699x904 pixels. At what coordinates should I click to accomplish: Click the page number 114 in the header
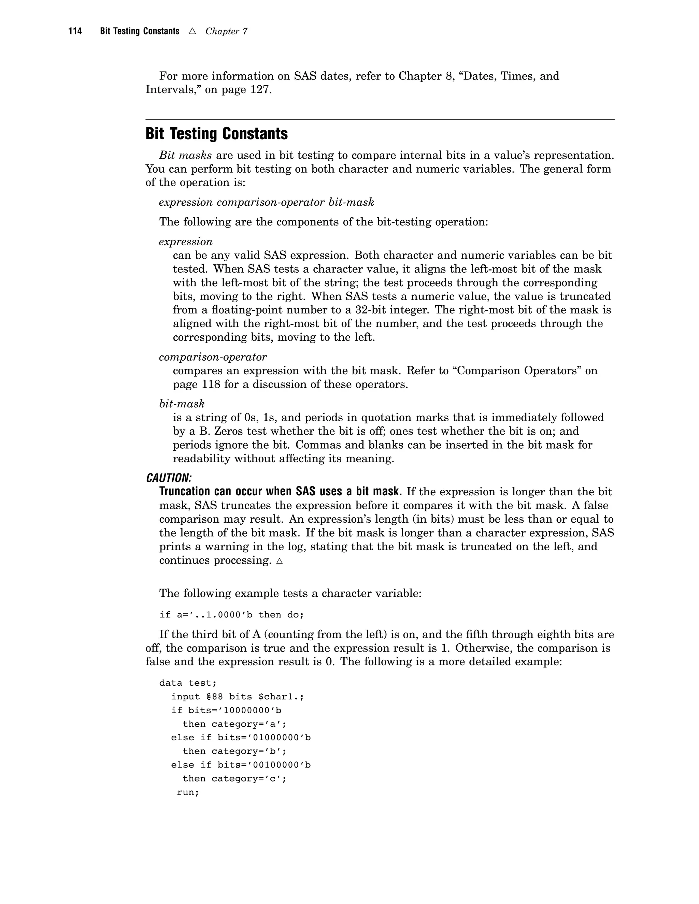point(75,31)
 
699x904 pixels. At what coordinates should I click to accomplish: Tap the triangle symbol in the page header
point(192,31)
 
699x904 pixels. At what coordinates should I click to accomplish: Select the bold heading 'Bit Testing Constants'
point(217,134)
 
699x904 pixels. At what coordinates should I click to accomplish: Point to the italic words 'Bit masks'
point(185,155)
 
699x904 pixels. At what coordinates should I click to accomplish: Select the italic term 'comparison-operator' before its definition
point(212,356)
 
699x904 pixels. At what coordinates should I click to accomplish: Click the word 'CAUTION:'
point(169,478)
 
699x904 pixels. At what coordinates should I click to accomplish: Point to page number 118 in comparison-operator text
point(211,384)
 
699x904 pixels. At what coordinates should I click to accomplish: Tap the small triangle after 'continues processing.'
point(280,561)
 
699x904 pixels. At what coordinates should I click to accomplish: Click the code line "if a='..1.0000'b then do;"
point(231,615)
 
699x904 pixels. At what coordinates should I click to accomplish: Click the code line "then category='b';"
point(234,751)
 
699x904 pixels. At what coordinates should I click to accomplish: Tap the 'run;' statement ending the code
point(188,792)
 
